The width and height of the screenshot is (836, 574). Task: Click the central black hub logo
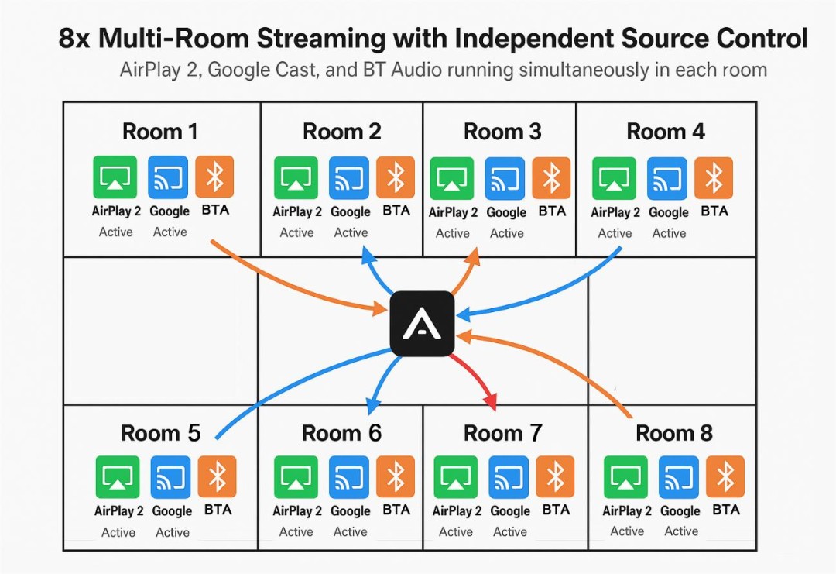pos(422,323)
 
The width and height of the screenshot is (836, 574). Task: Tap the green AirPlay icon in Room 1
pos(115,177)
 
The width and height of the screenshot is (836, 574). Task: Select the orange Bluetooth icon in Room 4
pos(714,177)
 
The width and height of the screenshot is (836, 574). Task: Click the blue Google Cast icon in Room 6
pos(349,477)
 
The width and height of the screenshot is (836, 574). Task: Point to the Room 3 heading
pos(502,132)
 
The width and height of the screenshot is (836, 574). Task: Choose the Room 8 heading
pos(673,433)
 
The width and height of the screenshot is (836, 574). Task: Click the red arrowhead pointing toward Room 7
pos(489,400)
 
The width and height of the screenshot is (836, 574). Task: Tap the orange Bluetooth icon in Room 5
pos(218,477)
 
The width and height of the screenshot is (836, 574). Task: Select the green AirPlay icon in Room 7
pos(456,477)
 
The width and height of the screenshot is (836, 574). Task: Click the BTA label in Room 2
pos(396,211)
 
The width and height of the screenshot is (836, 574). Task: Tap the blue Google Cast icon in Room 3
pos(505,178)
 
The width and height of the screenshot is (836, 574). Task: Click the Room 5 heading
pos(160,432)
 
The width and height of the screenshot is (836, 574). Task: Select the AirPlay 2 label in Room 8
pos(627,510)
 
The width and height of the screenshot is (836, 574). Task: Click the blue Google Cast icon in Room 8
pos(680,477)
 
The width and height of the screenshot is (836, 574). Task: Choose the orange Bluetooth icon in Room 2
pos(396,177)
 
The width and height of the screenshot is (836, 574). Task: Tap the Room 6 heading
pos(341,433)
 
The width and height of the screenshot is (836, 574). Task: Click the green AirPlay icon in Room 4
pos(615,178)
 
